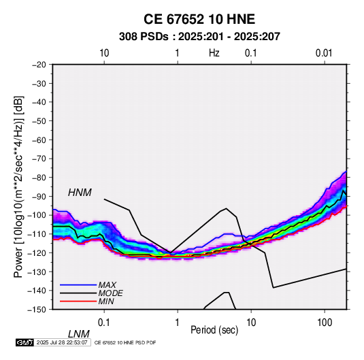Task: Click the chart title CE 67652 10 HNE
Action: tap(199, 19)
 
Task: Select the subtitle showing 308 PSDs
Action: tap(199, 37)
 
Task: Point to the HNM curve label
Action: tap(80, 193)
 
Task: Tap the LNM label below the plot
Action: tap(78, 334)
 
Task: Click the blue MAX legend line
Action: tap(78, 285)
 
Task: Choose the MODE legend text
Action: tap(110, 293)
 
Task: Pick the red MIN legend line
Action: tap(78, 301)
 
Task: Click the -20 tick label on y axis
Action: tap(39, 65)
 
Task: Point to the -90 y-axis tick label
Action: tap(39, 197)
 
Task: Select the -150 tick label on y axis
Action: tap(37, 310)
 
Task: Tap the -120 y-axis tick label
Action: tap(37, 253)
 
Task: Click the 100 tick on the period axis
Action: tap(325, 323)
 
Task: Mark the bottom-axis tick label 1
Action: tap(178, 323)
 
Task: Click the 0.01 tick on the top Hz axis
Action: tap(324, 53)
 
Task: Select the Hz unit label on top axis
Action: tap(214, 53)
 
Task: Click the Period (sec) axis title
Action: tap(214, 330)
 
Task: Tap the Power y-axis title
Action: tap(18, 186)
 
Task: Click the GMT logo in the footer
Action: tap(25, 342)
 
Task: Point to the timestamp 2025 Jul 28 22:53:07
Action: tap(62, 342)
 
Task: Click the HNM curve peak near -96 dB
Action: tap(227, 208)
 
